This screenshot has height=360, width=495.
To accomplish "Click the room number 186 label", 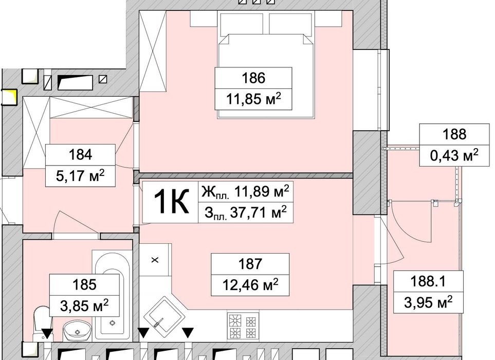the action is (253, 78).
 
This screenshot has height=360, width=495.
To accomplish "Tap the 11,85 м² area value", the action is (253, 99).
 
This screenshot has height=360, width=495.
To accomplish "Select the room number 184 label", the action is (81, 155).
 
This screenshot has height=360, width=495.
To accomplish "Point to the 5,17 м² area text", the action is (81, 176).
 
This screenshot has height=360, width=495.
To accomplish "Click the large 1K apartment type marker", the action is (171, 201).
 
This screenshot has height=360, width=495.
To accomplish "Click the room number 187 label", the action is (250, 264).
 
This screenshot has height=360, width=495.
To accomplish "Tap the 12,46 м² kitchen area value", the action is (250, 285).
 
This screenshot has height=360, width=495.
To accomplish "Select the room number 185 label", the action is (84, 284).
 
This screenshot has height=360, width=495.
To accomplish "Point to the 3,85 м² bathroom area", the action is (84, 305).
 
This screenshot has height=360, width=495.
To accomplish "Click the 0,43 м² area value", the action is (454, 155).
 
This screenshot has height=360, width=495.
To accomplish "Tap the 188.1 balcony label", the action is (428, 281).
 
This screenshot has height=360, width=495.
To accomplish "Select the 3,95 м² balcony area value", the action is (428, 302).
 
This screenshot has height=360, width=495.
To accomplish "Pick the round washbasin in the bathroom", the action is (77, 331).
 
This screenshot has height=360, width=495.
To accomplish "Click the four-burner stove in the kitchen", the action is (243, 327).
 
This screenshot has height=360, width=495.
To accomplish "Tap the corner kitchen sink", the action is (163, 314).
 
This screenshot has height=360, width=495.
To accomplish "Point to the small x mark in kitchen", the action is (155, 260).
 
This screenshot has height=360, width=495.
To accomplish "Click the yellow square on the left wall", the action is (9, 97).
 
